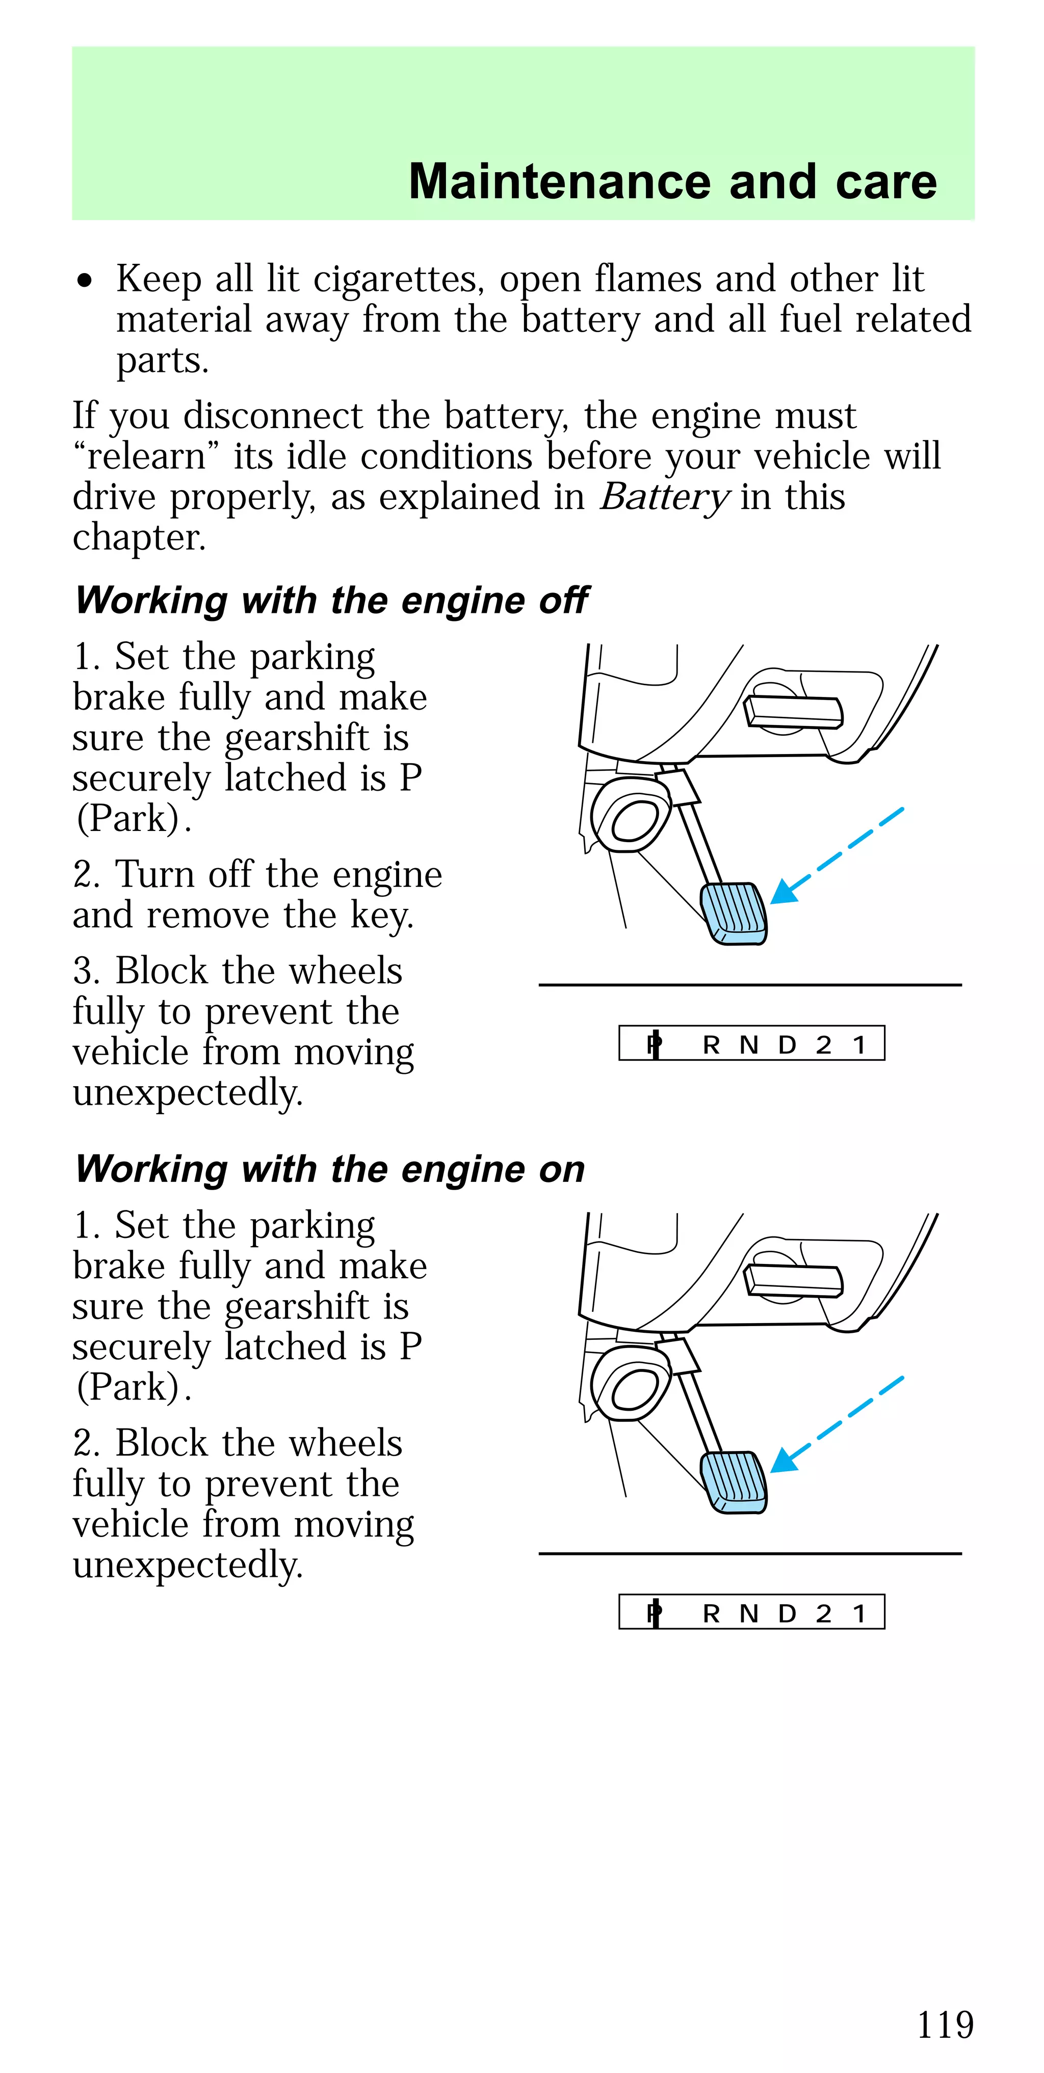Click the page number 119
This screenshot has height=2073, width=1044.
[945, 2025]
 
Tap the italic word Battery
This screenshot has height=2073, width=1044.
[664, 497]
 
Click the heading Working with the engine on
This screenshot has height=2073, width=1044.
[329, 1169]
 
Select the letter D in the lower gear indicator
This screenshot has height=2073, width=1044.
[787, 1613]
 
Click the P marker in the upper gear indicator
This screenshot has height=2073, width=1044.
[655, 1044]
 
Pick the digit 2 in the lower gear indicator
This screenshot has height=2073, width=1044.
[823, 1613]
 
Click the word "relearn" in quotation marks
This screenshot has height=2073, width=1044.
[146, 457]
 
